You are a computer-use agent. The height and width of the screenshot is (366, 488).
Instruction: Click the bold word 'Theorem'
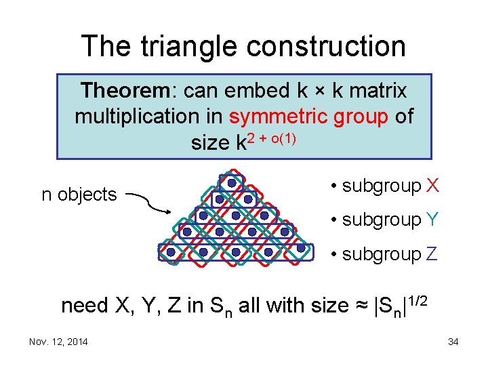pos(126,90)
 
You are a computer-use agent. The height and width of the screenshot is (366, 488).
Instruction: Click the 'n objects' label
pos(79,195)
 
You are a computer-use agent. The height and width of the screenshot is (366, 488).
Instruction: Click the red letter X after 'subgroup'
pos(433,186)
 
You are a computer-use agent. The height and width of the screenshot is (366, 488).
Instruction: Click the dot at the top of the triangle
pos(232,183)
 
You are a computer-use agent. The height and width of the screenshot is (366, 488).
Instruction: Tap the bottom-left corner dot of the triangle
pos(171,252)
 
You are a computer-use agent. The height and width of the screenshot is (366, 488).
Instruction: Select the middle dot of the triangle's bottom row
pos(236,252)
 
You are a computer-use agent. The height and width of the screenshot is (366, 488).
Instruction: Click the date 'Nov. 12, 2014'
pos(58,342)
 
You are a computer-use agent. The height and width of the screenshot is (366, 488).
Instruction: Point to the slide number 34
pos(453,342)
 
